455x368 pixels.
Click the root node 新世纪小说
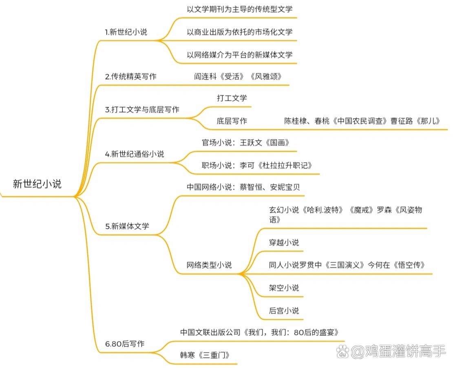[x=37, y=184]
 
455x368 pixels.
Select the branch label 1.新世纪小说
[x=126, y=32]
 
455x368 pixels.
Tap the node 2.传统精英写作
[x=131, y=76]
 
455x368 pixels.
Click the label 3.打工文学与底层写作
[x=142, y=109]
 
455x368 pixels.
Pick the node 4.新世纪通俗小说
[x=135, y=154]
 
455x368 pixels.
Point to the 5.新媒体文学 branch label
[x=127, y=226]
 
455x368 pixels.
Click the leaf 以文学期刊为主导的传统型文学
[x=239, y=9]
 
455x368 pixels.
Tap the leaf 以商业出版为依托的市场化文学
[x=239, y=31]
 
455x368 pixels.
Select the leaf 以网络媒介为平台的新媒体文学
[x=239, y=54]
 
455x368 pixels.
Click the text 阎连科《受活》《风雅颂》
[x=238, y=76]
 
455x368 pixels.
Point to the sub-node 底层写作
[x=232, y=121]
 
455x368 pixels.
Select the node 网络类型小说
[x=209, y=265]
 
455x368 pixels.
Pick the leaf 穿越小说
[x=284, y=242]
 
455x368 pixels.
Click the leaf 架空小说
[x=284, y=288]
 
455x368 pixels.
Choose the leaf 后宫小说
[x=284, y=310]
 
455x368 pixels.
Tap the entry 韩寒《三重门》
[x=208, y=355]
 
